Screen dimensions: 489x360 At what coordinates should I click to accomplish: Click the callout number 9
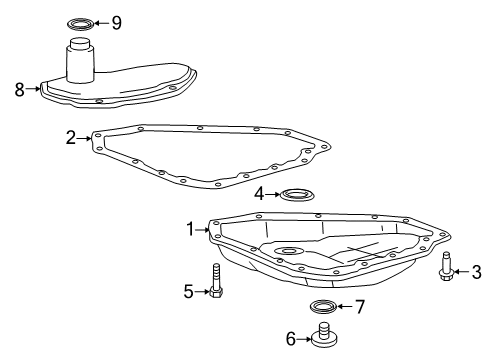116,21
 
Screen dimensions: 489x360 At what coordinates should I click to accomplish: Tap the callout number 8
19,88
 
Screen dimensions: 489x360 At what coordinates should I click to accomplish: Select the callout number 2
71,138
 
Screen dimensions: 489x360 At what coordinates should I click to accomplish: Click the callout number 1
189,230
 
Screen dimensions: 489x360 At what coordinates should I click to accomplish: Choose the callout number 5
187,291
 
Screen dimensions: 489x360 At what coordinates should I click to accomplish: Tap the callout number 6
290,339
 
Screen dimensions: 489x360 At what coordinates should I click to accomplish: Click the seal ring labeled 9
79,21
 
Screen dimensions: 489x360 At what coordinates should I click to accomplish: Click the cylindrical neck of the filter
81,62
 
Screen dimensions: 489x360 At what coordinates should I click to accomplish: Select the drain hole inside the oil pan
289,251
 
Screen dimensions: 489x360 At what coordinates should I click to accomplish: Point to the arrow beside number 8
33,88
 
